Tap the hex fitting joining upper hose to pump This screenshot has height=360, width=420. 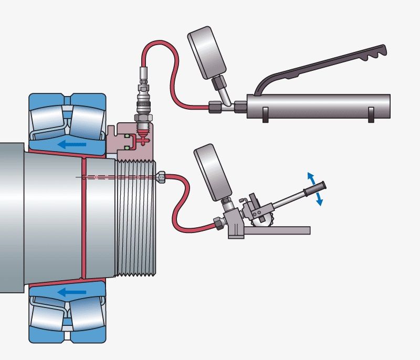216,107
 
